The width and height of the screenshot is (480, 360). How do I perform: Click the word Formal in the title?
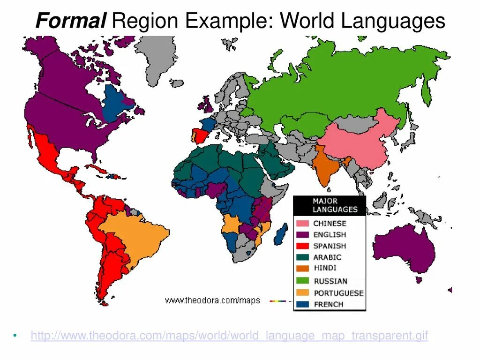pyautogui.click(x=70, y=21)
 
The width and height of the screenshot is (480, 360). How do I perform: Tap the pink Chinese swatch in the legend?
pyautogui.click(x=302, y=223)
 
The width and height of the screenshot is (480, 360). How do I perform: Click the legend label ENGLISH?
pyautogui.click(x=330, y=234)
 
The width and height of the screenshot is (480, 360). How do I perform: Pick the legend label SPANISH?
pyautogui.click(x=330, y=246)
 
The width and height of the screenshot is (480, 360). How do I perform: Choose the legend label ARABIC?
pyautogui.click(x=327, y=257)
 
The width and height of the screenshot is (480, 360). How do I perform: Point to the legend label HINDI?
pyautogui.click(x=325, y=268)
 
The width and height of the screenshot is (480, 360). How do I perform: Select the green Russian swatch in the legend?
pyautogui.click(x=302, y=281)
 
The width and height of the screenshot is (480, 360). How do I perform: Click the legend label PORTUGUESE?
pyautogui.click(x=338, y=292)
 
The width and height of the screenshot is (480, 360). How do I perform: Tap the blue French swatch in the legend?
pyautogui.click(x=302, y=304)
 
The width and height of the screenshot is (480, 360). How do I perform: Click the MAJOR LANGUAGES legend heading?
pyautogui.click(x=335, y=205)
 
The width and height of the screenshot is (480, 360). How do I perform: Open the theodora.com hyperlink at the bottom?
pyautogui.click(x=229, y=336)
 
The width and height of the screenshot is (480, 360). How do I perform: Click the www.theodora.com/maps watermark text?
pyautogui.click(x=212, y=300)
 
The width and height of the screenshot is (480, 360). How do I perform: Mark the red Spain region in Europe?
pyautogui.click(x=201, y=135)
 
